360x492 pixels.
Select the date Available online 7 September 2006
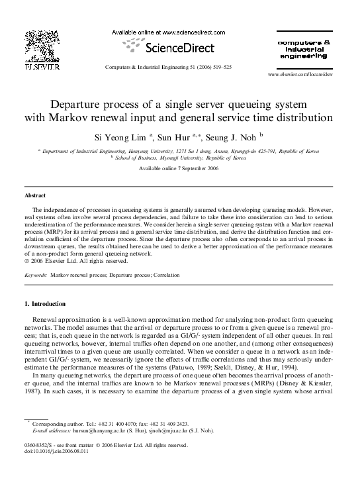(x=179, y=168)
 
